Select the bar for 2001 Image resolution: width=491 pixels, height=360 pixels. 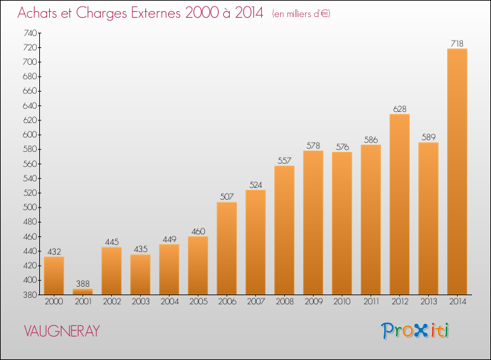pyautogui.click(x=82, y=291)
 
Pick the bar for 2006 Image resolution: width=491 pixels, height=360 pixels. pyautogui.click(x=227, y=248)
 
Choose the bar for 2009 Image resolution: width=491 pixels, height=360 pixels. pyautogui.click(x=313, y=223)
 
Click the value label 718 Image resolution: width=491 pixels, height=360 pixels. pyautogui.click(x=457, y=43)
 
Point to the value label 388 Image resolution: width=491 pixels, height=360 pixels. pyautogui.click(x=82, y=283)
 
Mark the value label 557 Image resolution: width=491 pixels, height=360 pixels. pyautogui.click(x=284, y=160)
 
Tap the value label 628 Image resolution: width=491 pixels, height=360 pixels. pyautogui.click(x=399, y=109)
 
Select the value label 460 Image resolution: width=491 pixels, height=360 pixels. pyautogui.click(x=198, y=231)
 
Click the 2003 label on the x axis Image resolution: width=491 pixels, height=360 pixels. pyautogui.click(x=140, y=302)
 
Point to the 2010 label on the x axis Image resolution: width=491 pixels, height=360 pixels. pyautogui.click(x=342, y=302)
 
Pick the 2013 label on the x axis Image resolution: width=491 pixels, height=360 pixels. pyautogui.click(x=428, y=302)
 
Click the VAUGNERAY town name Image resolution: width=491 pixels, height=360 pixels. pyautogui.click(x=62, y=331)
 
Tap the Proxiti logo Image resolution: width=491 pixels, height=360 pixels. pyautogui.click(x=416, y=331)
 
